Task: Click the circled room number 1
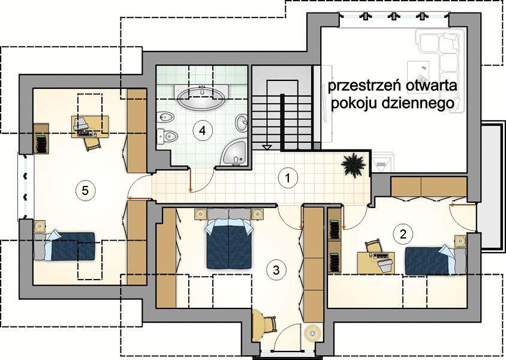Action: pyautogui.click(x=288, y=178)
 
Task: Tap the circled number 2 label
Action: pyautogui.click(x=403, y=234)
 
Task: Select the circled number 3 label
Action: pyautogui.click(x=276, y=270)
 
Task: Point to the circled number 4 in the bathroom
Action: pyautogui.click(x=202, y=130)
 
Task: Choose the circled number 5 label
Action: pyautogui.click(x=85, y=190)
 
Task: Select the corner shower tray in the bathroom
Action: pyautogui.click(x=234, y=153)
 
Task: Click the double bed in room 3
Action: pyautogui.click(x=229, y=239)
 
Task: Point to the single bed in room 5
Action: pyautogui.click(x=65, y=246)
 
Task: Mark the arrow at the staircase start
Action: pyautogui.click(x=267, y=148)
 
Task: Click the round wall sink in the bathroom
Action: pyautogui.click(x=242, y=123)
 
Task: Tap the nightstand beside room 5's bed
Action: pyautogui.click(x=40, y=226)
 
